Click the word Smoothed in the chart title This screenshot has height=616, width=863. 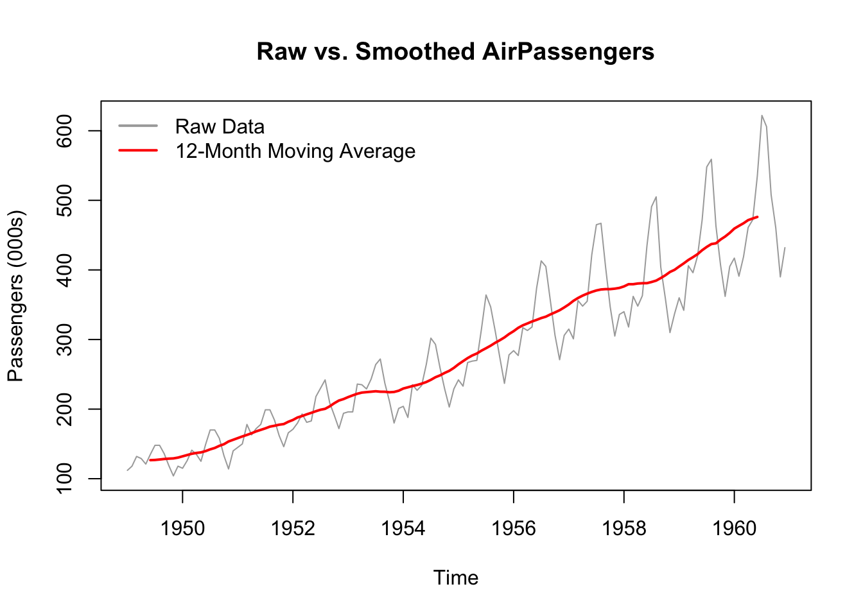point(415,51)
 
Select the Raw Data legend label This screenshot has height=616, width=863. point(220,126)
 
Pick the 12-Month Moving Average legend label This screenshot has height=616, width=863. point(295,151)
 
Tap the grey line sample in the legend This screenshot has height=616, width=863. point(138,126)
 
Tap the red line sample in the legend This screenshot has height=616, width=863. point(138,151)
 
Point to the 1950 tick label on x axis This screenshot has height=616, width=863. point(182,528)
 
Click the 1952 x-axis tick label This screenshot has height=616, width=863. point(293,528)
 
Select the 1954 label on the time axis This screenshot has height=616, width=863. point(403,528)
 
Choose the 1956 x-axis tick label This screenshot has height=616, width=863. point(514,528)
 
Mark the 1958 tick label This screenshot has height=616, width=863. point(624,528)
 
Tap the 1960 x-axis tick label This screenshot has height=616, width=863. point(735,528)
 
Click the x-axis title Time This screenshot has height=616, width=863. point(456,577)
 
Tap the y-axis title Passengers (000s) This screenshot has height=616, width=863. point(15,295)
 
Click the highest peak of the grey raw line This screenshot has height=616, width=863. point(762,116)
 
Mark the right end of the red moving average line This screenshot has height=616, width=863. point(758,217)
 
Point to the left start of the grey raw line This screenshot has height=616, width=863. point(127,470)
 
